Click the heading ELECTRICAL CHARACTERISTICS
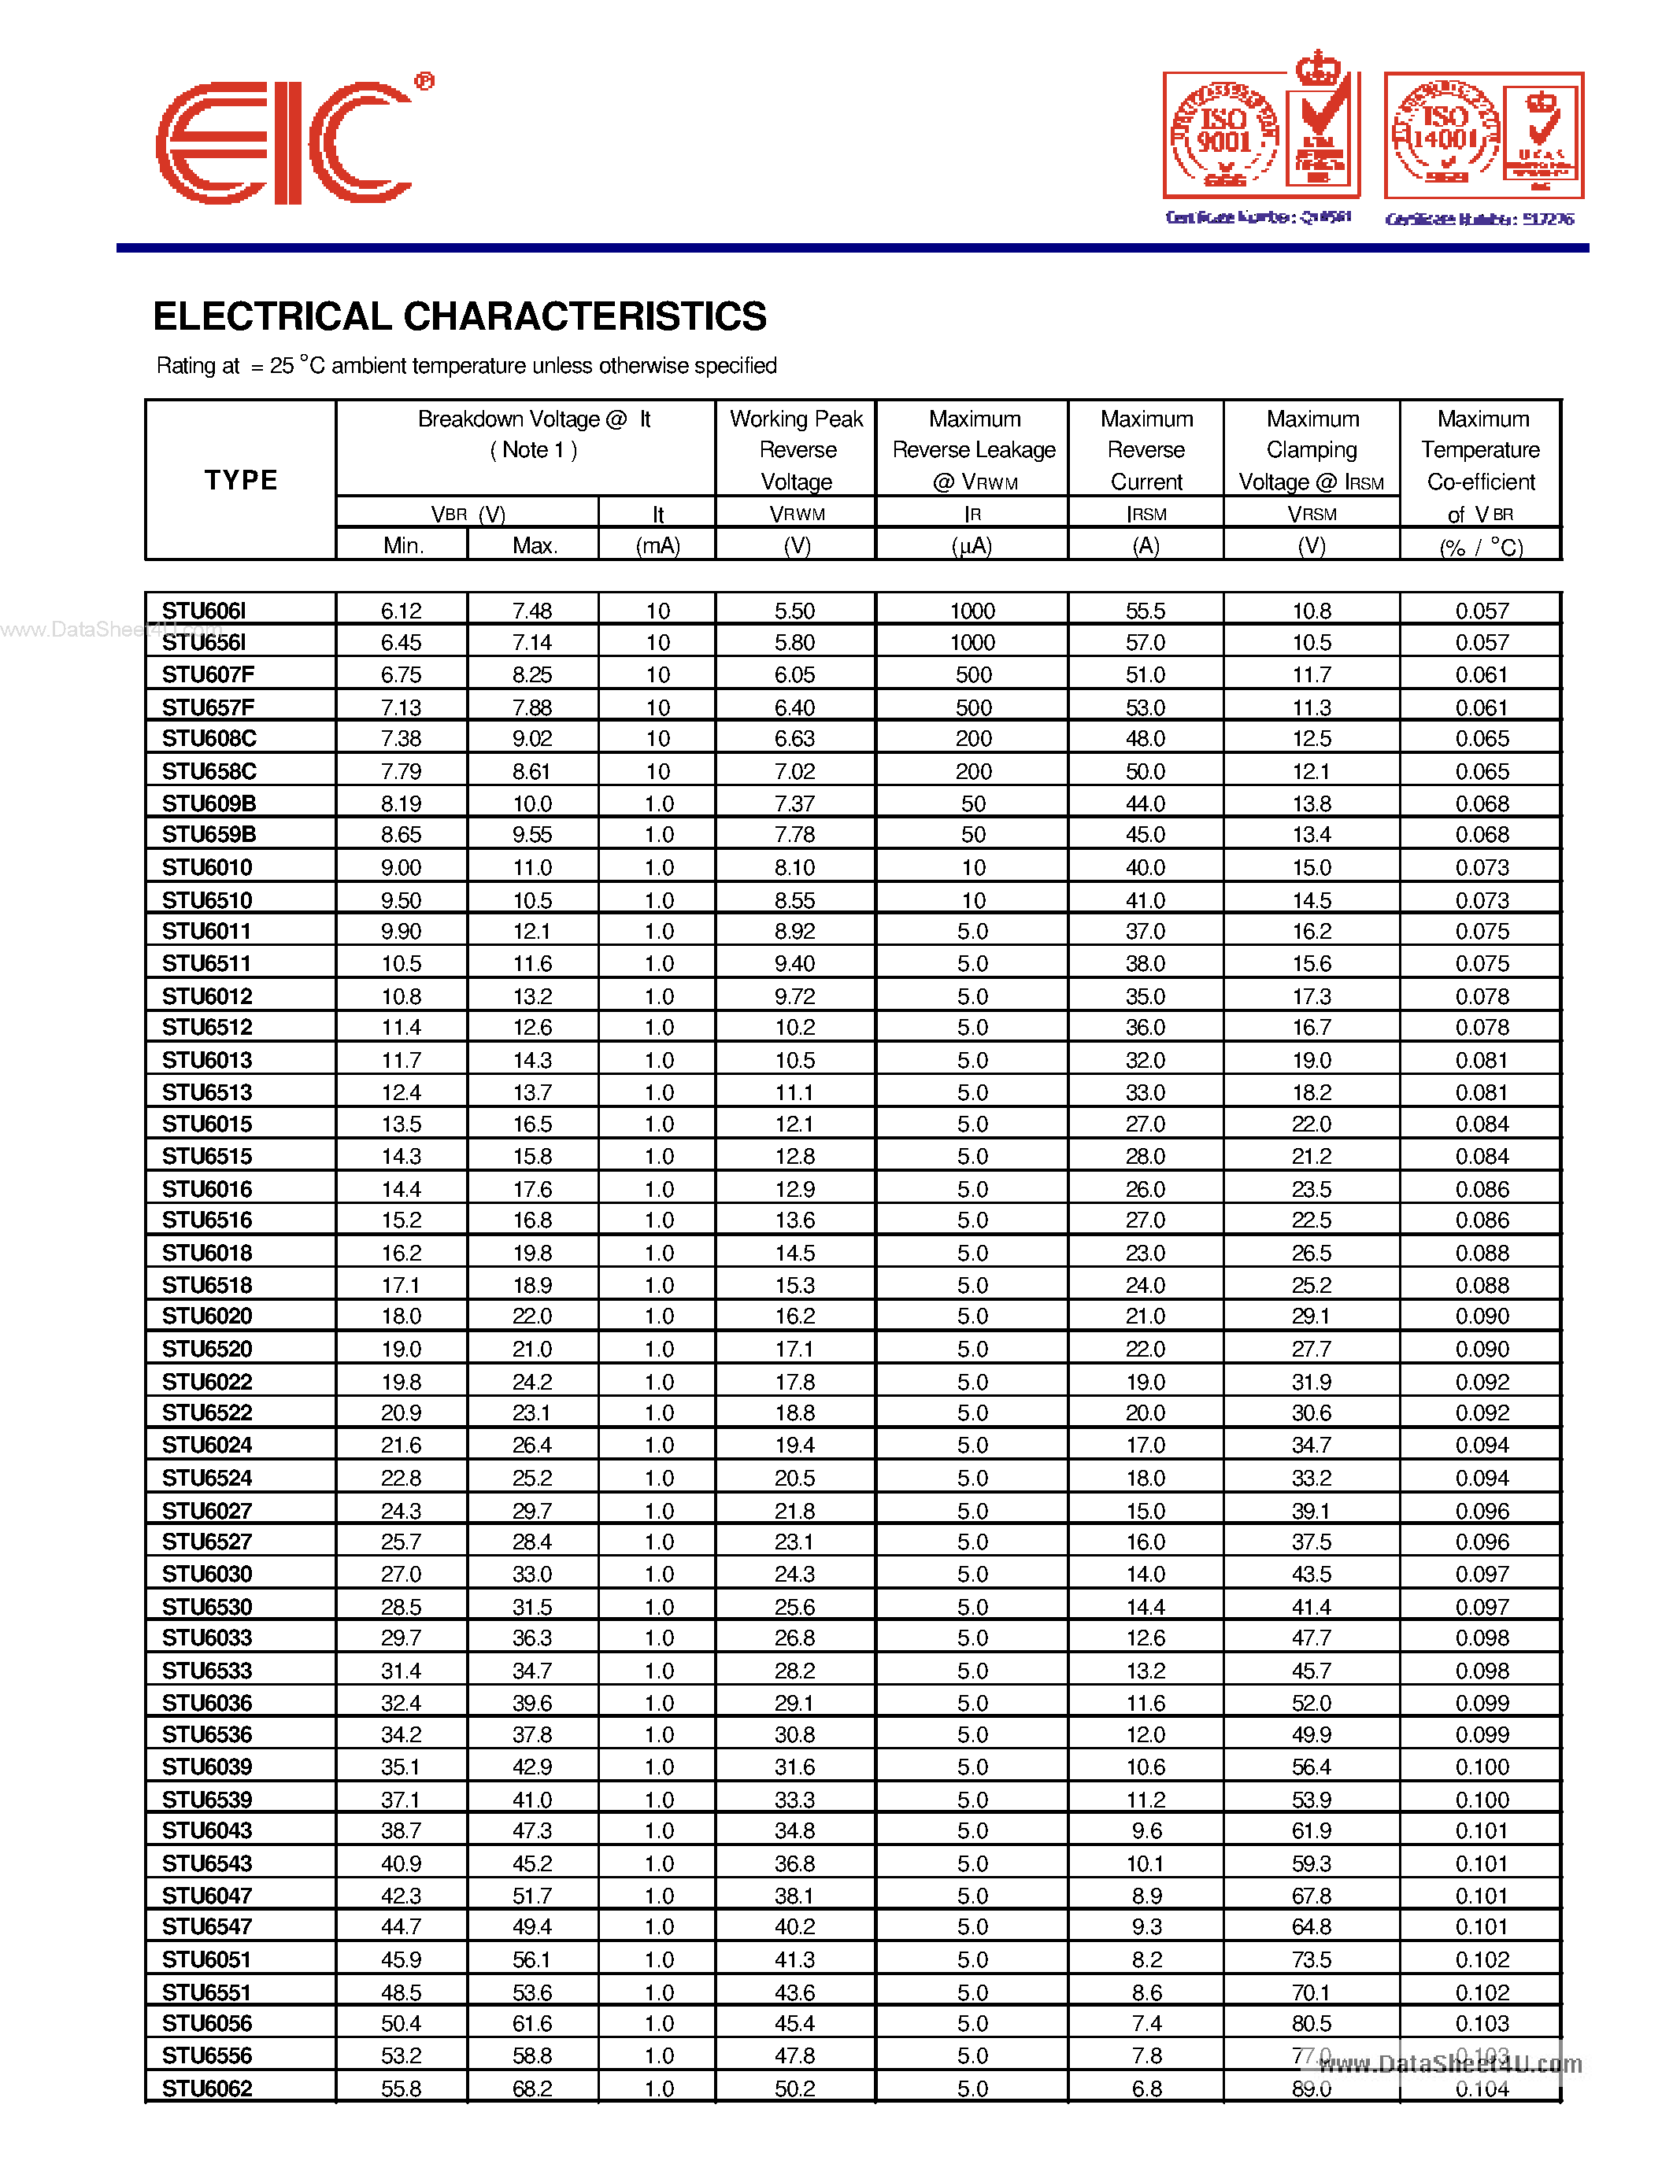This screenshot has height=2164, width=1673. point(459,317)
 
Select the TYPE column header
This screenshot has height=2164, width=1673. point(241,481)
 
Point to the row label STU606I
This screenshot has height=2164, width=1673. point(204,611)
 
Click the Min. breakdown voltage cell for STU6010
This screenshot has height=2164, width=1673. point(402,868)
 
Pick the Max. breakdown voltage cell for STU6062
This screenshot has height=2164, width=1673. point(532,2088)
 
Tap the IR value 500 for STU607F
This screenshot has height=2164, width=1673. point(972,674)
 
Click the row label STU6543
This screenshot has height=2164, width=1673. point(207,1863)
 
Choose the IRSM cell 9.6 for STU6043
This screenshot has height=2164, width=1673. point(1146,1831)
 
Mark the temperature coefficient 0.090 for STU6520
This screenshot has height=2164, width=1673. point(1482,1350)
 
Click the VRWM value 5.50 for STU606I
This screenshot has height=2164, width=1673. point(795,611)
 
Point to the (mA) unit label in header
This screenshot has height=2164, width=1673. point(657,546)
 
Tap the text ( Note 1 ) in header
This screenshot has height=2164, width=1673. point(532,450)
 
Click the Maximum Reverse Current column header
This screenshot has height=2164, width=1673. point(1146,450)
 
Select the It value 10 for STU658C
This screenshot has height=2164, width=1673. point(658,771)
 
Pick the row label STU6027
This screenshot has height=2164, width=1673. point(207,1511)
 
